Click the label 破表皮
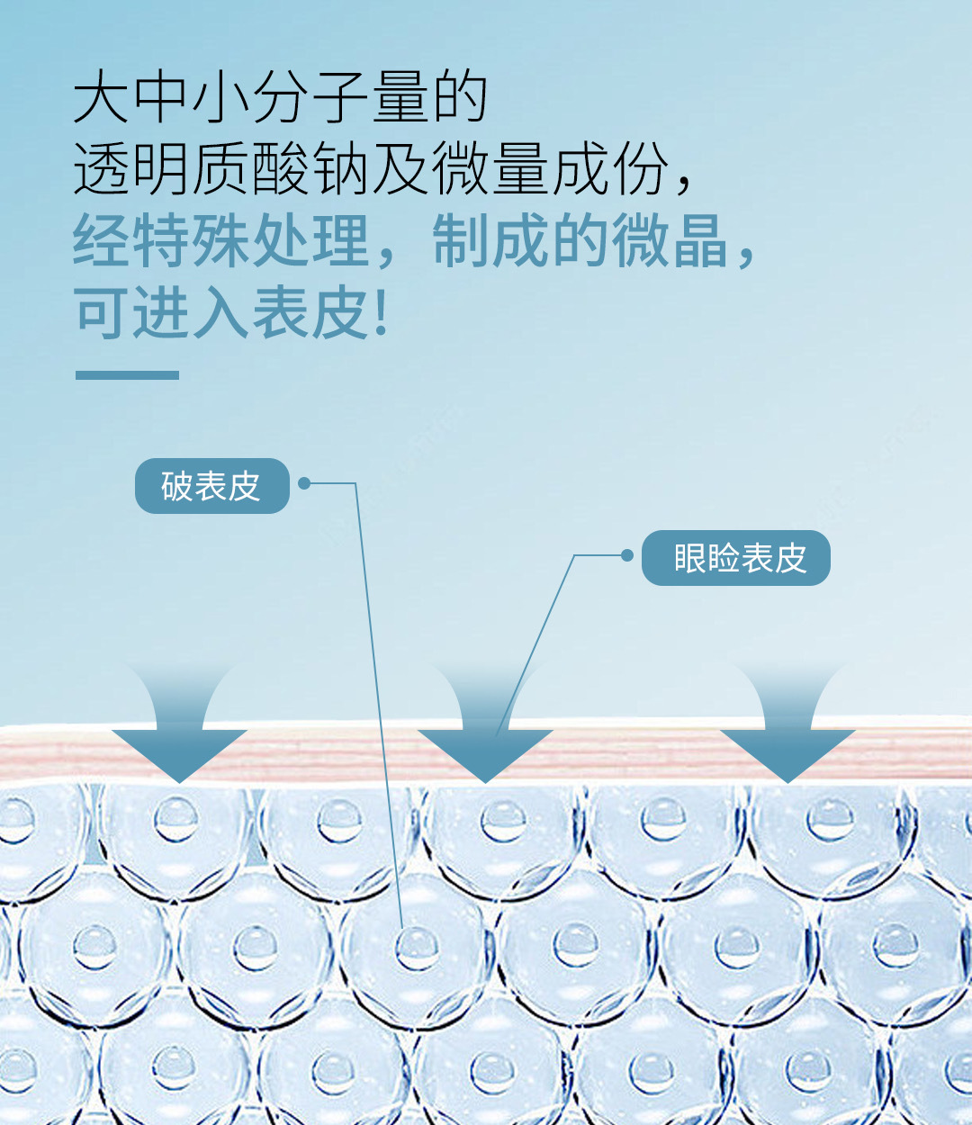(x=211, y=486)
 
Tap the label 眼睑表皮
(x=736, y=558)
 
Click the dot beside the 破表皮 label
(x=304, y=483)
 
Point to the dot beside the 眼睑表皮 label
(x=627, y=555)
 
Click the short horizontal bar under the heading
(x=127, y=374)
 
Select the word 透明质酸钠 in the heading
(x=221, y=169)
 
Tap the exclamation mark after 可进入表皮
(x=381, y=314)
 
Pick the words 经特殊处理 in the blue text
(x=221, y=241)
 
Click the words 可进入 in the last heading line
(x=162, y=314)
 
